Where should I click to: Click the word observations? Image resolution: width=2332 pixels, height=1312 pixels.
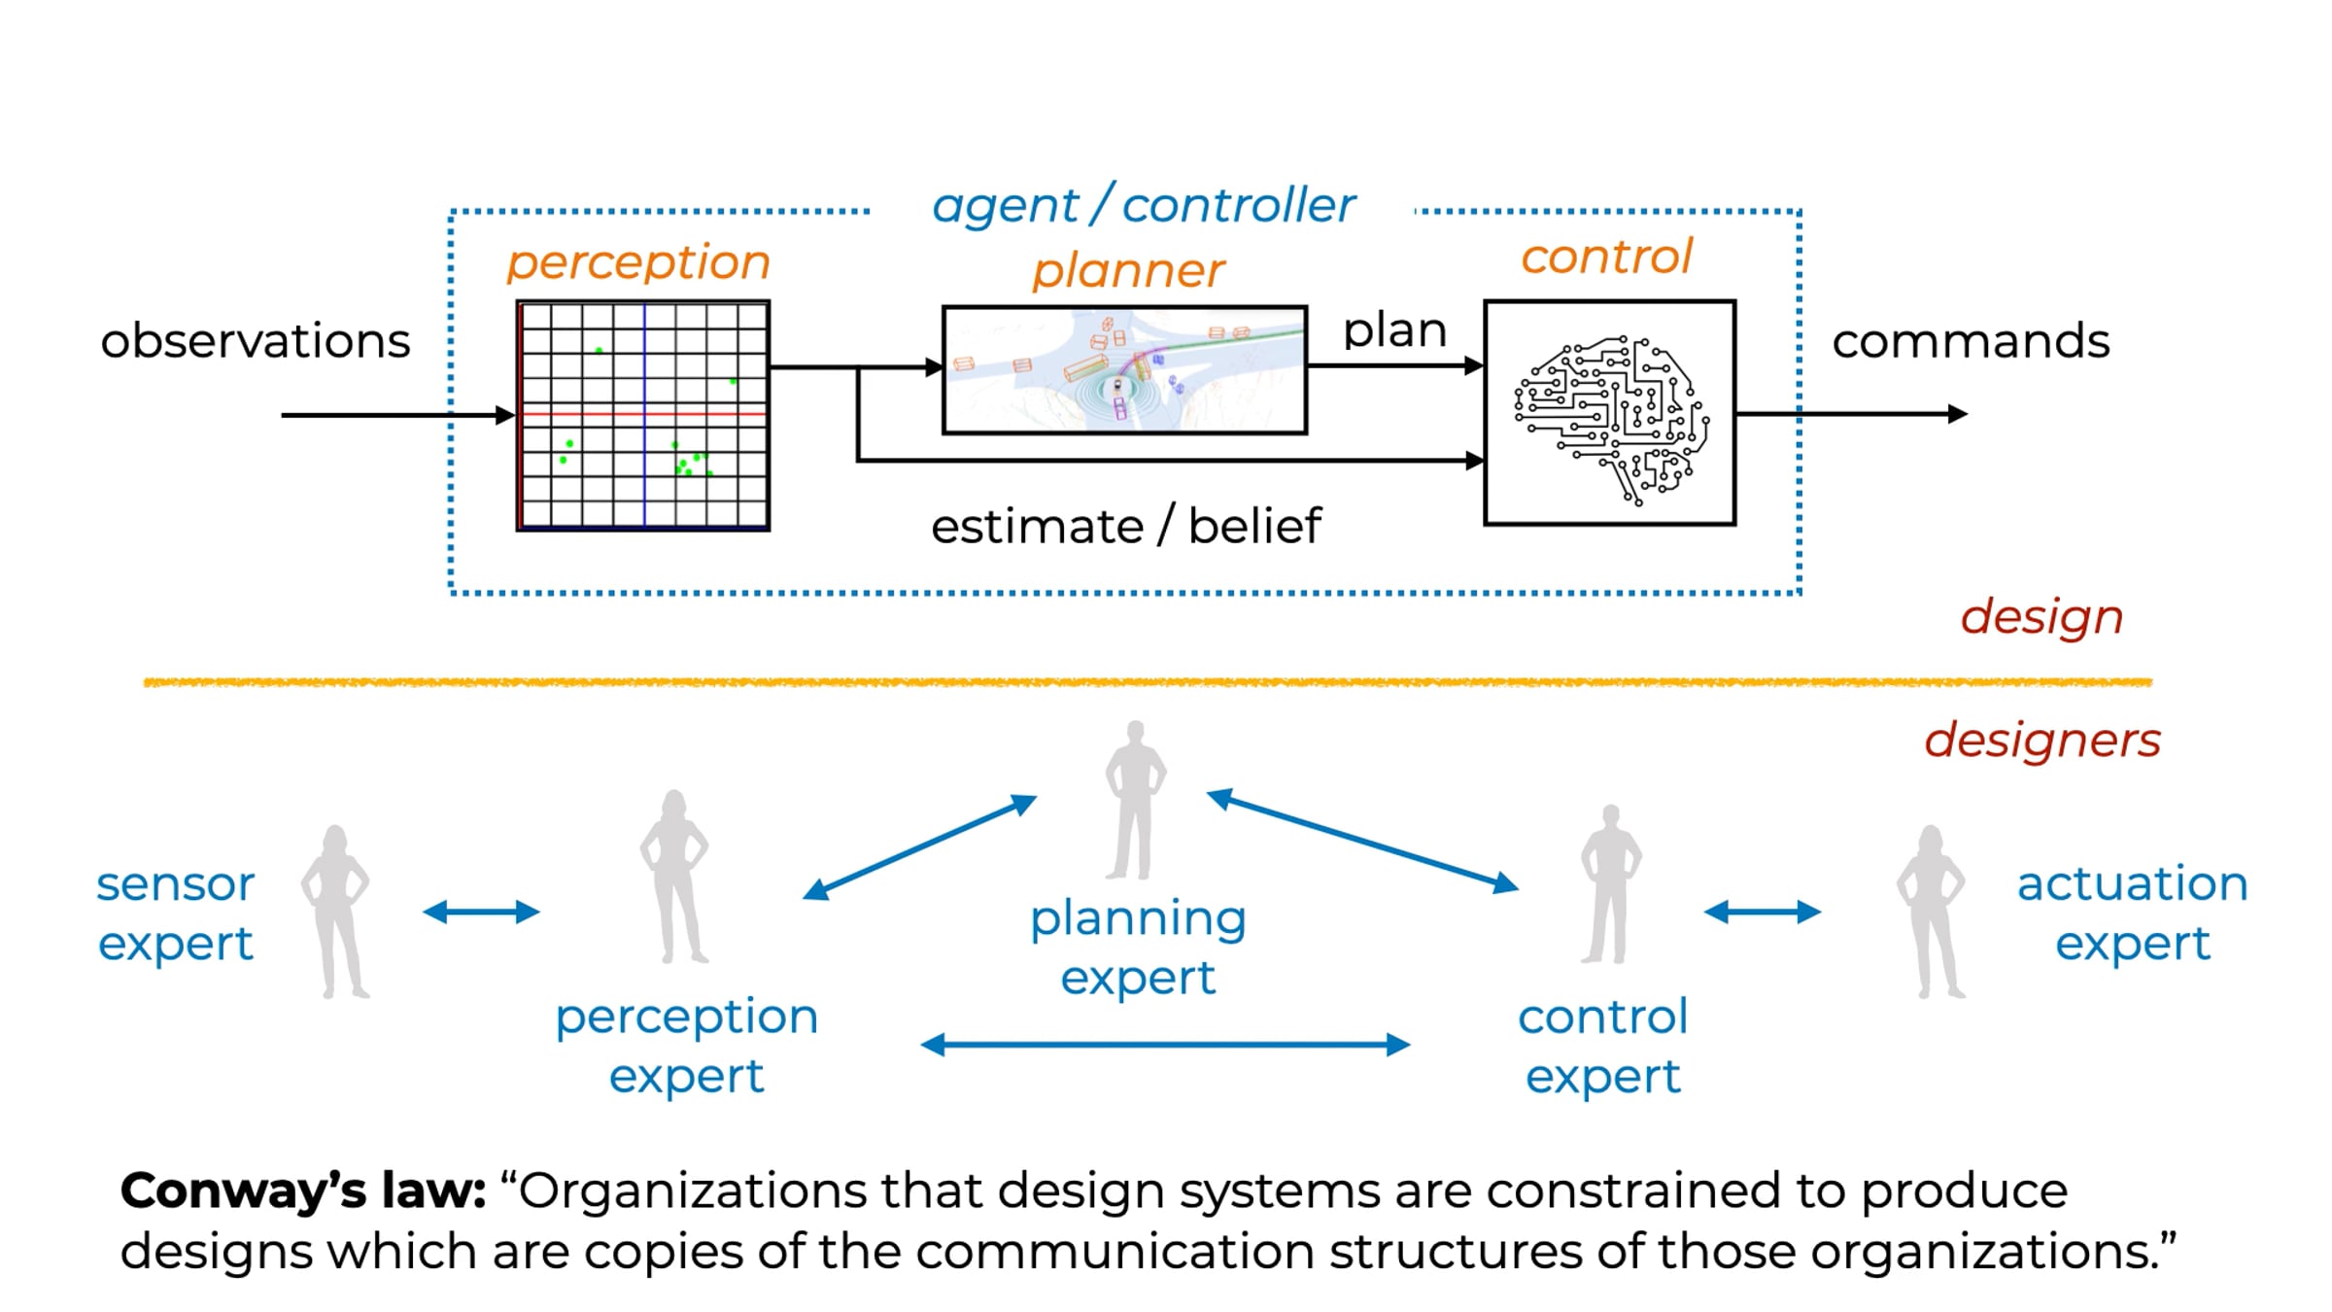256,341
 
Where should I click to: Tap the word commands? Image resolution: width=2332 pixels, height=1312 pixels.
1971,341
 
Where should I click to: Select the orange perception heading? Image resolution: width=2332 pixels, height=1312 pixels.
638,263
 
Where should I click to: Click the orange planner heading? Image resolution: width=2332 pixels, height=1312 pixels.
1128,271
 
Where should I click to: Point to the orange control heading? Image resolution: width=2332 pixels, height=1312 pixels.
1606,257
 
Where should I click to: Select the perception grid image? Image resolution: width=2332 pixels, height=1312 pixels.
643,416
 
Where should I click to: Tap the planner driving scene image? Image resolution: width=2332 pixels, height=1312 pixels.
1124,370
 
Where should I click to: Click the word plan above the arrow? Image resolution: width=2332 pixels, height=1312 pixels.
1394,332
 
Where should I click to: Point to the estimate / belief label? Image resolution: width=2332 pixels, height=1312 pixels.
1126,527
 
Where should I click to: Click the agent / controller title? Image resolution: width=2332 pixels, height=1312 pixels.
1143,206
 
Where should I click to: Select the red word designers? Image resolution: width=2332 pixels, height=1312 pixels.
2042,741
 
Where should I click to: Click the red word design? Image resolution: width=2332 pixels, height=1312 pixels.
2041,618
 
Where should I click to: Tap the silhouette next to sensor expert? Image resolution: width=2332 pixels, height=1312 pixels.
335,912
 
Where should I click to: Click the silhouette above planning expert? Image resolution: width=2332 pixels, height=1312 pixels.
1135,801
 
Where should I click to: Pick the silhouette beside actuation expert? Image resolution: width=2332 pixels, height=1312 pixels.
1931,912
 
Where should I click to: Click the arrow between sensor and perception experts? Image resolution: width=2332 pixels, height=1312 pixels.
481,912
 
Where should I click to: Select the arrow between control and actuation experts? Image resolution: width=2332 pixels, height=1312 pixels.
1763,912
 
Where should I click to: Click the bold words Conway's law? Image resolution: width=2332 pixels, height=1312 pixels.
303,1191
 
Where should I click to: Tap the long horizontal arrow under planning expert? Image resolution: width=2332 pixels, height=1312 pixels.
1165,1045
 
